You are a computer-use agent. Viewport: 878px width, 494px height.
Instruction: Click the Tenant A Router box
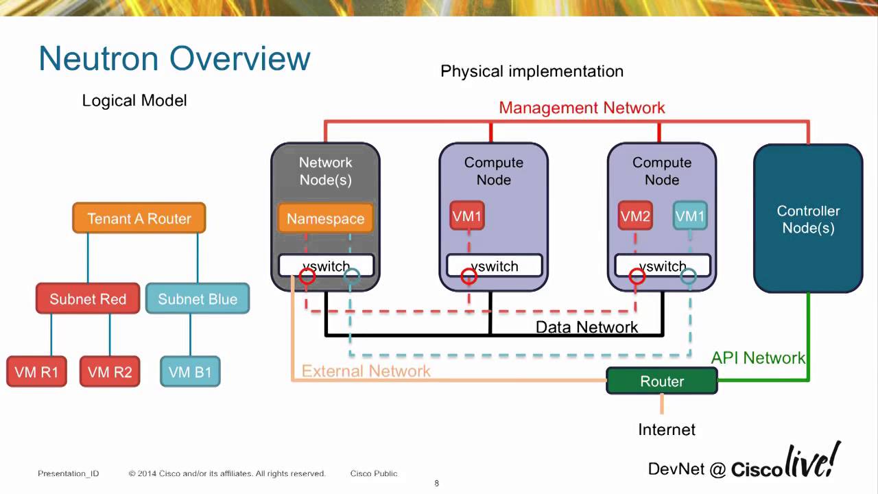pos(139,218)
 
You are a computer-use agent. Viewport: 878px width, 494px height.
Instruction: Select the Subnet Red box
pos(88,299)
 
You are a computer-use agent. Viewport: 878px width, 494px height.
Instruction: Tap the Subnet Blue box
pos(198,299)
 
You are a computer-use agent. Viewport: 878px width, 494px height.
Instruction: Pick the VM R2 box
pos(110,372)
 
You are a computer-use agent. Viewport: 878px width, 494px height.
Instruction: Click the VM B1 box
pos(190,372)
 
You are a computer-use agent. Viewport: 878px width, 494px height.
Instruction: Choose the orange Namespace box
pos(325,218)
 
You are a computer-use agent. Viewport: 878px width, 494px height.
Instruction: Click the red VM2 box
pos(635,216)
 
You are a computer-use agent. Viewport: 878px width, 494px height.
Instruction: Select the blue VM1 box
pos(690,216)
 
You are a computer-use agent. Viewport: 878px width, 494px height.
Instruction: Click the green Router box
pos(662,381)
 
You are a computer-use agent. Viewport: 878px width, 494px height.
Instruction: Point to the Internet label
pos(667,430)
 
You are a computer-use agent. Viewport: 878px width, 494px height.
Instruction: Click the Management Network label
pos(582,108)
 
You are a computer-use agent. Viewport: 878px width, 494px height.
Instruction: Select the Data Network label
pos(586,327)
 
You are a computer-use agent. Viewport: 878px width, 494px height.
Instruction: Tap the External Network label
pos(366,371)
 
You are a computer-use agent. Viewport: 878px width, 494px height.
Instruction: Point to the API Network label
pos(758,357)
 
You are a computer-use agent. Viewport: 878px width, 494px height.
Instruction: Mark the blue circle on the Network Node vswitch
pos(351,277)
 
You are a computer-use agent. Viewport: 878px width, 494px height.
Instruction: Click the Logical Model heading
pos(134,100)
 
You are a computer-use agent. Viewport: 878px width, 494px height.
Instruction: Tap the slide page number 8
pos(437,484)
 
